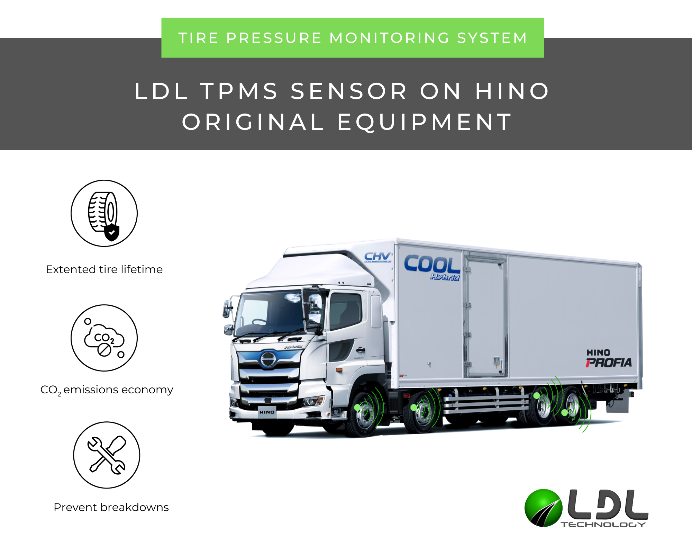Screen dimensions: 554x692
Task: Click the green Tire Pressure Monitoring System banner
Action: coord(352,38)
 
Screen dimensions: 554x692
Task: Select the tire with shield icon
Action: coord(104,213)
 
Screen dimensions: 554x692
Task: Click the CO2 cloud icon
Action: coord(104,338)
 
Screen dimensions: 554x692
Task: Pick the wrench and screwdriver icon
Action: coord(107,455)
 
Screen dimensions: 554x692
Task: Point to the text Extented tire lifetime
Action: coord(104,269)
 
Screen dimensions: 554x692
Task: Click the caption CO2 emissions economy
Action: coord(107,390)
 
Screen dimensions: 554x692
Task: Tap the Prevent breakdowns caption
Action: coord(111,507)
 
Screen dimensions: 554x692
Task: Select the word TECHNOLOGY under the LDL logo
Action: coord(603,525)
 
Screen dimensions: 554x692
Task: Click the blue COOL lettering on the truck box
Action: coord(432,265)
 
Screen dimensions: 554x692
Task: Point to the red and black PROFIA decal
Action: coord(609,363)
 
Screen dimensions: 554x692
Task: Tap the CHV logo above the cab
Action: coord(377,257)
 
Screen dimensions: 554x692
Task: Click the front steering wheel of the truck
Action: coord(363,414)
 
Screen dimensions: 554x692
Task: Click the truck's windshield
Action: coord(270,313)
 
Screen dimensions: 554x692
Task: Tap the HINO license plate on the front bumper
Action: coord(267,412)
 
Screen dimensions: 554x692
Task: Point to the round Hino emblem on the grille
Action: coord(268,359)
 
